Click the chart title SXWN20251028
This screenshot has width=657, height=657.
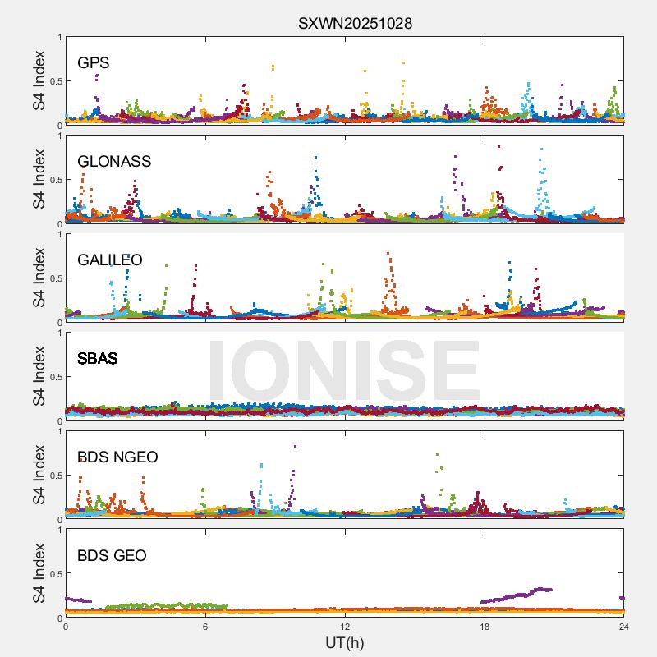click(355, 24)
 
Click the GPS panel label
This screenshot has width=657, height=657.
click(94, 63)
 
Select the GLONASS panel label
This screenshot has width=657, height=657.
click(114, 162)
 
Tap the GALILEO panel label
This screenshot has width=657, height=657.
click(110, 260)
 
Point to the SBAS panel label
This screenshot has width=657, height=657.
click(98, 359)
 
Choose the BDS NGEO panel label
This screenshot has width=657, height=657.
click(117, 457)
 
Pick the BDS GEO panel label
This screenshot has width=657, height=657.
click(112, 556)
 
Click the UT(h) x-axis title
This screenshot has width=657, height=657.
click(344, 642)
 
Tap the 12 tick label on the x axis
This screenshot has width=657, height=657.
click(345, 627)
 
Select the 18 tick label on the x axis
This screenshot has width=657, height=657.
click(485, 627)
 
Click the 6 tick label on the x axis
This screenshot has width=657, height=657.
click(205, 627)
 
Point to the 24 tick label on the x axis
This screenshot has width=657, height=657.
click(624, 627)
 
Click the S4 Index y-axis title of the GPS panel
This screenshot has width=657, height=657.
click(39, 81)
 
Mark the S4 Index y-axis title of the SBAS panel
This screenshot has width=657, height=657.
click(39, 377)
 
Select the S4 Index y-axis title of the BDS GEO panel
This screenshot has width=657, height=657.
click(39, 574)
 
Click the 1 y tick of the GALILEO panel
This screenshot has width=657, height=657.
click(58, 234)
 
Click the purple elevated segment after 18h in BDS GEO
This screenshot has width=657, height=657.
click(517, 594)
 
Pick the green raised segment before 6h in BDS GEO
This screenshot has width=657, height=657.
click(156, 606)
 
